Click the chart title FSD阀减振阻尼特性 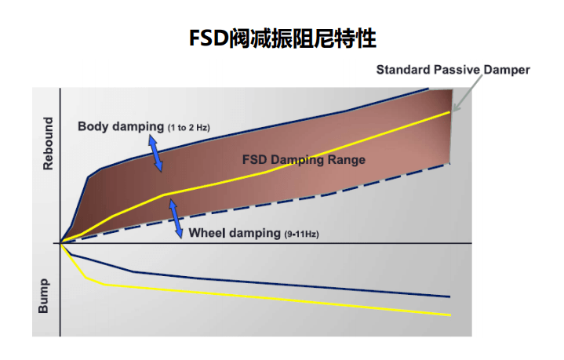(x=282, y=37)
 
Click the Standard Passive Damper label (x=453, y=70)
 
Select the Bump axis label (x=44, y=296)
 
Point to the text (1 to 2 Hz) (x=189, y=127)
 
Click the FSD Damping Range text (x=304, y=159)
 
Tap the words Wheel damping (x=234, y=233)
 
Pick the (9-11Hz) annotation (x=302, y=234)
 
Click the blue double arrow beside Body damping (x=157, y=154)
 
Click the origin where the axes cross (x=60, y=243)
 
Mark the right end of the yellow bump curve (x=450, y=315)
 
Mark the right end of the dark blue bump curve (x=450, y=297)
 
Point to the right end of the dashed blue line (x=450, y=163)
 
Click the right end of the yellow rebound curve (x=450, y=112)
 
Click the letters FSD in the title (x=207, y=37)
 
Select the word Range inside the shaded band (x=347, y=159)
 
